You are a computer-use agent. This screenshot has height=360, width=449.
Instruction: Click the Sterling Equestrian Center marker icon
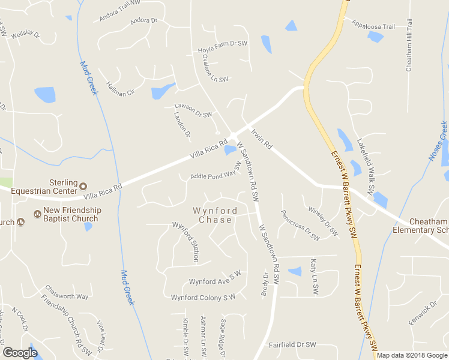click(x=83, y=186)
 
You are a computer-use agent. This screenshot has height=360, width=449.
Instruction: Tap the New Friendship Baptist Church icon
click(x=37, y=214)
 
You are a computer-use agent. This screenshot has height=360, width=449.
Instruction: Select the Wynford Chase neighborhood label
click(x=212, y=215)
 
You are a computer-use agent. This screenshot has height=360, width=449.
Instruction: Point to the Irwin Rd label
click(x=262, y=138)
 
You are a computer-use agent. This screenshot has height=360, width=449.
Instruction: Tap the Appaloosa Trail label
click(x=373, y=26)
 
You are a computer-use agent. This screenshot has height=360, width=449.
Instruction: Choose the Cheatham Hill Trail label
click(x=409, y=46)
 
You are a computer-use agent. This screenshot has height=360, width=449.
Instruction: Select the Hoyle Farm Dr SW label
click(x=223, y=44)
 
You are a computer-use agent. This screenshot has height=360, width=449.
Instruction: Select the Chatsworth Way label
click(x=67, y=296)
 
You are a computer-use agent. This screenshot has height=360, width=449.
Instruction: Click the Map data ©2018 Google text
click(x=412, y=355)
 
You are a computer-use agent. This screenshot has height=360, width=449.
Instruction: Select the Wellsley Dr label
click(x=25, y=34)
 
